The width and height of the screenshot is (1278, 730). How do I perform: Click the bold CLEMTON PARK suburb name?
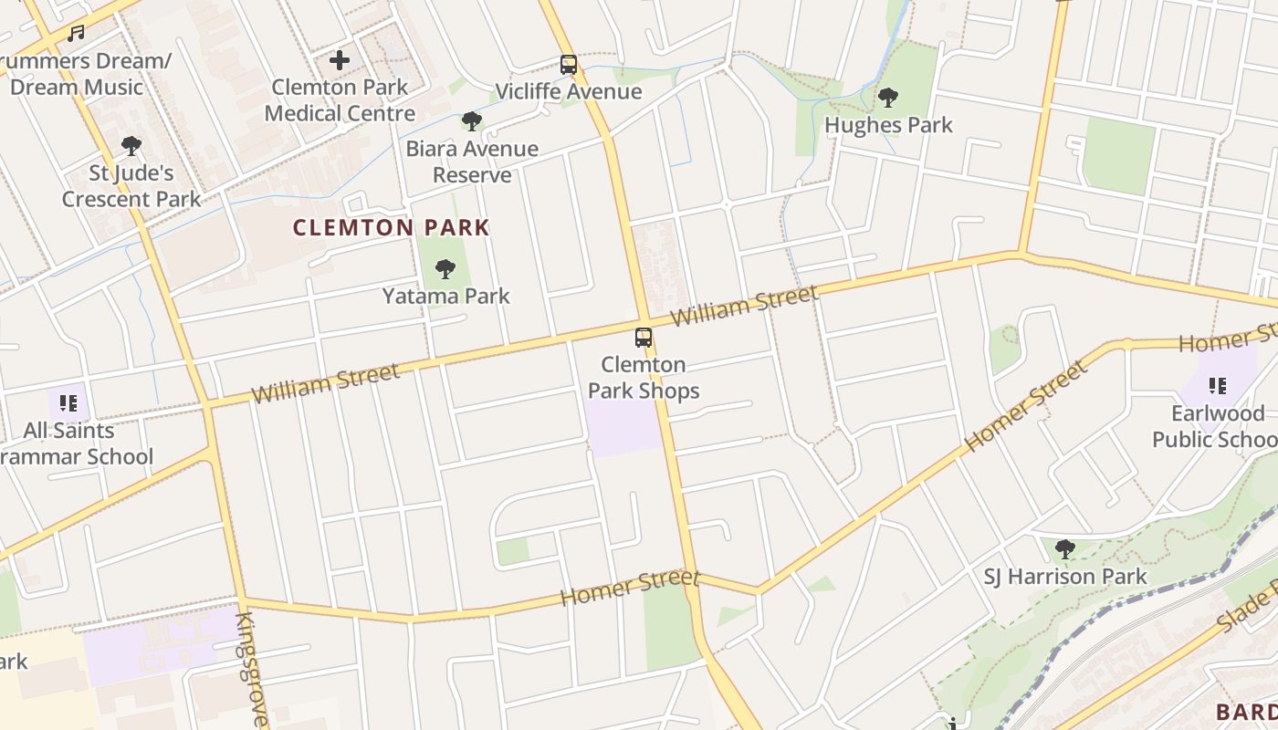coord(391,227)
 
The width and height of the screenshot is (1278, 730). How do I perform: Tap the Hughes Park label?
coord(888,125)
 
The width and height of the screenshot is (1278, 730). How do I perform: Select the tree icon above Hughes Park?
coord(887,98)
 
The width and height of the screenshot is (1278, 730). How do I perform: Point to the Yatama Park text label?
coord(445,296)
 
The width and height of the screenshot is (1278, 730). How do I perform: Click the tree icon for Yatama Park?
coord(445,268)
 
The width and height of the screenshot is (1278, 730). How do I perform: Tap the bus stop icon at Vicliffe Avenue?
coord(569,65)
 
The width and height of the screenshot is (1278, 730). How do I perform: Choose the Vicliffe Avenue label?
coord(568,92)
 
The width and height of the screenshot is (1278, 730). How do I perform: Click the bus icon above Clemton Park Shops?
coord(644,338)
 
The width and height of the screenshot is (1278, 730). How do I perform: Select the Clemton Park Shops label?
coord(644,378)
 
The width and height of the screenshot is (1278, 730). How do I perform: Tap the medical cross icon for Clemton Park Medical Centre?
coord(340,61)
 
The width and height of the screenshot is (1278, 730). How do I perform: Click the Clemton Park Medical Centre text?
coord(340,100)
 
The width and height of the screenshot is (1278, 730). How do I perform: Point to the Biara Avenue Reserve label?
coord(472,162)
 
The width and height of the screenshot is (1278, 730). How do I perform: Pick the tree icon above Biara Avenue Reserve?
coord(472,120)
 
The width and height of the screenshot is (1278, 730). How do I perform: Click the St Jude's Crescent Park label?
coord(131,186)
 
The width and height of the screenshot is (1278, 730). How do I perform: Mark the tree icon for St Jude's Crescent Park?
coord(131,145)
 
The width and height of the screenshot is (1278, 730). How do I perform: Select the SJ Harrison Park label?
coord(1064,577)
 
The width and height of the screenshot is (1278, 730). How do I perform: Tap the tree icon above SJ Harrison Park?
coord(1064,549)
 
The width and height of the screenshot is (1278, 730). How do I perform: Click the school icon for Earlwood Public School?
coord(1217,386)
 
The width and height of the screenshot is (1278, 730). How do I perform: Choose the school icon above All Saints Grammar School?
coord(68,402)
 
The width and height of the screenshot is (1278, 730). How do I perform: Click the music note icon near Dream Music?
coord(76,34)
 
